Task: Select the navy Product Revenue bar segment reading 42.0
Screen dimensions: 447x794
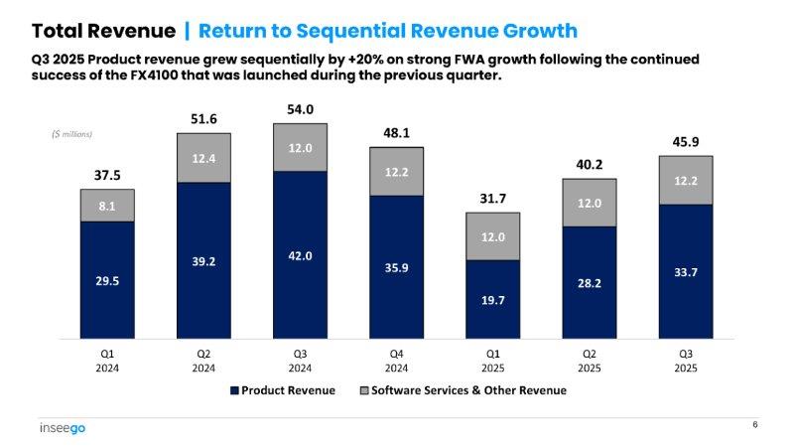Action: pos(300,256)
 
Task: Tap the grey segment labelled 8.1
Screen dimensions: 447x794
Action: pos(107,206)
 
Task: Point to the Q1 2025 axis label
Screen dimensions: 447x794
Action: pos(492,361)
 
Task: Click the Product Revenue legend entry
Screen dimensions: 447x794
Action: pos(283,390)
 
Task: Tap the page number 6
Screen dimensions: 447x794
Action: pos(754,425)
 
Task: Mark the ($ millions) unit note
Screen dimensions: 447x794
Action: pos(72,134)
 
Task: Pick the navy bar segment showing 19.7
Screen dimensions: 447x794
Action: pos(492,298)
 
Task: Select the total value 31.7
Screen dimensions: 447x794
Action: pos(492,199)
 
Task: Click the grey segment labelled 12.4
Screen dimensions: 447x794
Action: pos(203,157)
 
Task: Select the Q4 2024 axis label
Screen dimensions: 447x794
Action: pos(396,361)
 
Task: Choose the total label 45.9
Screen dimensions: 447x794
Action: pos(685,142)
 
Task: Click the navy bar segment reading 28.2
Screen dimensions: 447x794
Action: pos(589,281)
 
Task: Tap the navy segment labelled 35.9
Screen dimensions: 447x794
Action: pos(396,266)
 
